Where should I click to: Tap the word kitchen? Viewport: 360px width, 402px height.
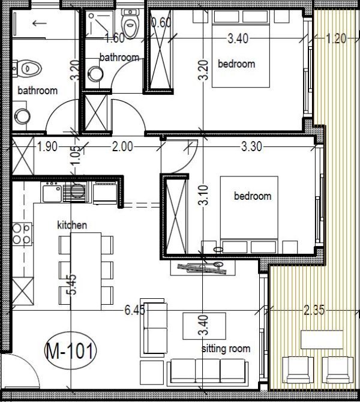72,225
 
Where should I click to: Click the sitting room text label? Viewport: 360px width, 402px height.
226,349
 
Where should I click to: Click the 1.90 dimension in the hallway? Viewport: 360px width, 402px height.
49,145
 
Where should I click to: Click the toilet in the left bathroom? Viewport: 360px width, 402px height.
28,68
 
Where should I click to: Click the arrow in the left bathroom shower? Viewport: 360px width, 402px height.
40,23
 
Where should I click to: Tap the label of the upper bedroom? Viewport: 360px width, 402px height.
236,64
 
